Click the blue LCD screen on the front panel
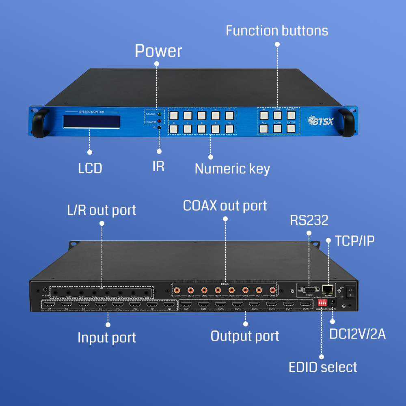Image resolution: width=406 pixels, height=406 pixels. coord(91,121)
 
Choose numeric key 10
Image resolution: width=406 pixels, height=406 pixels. coord(230,129)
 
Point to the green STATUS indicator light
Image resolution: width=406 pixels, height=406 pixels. coord(159,114)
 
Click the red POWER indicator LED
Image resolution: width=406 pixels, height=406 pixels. coord(159,121)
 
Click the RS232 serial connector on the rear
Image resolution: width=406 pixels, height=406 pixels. coord(309,290)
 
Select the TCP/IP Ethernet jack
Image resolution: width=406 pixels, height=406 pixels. coord(328,289)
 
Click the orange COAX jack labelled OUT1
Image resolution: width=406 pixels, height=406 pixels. coord(177,290)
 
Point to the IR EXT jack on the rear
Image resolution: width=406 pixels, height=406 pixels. coord(45,291)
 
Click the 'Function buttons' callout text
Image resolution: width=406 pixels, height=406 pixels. coord(277,30)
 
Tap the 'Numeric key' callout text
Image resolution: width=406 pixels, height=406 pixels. coord(232,168)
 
